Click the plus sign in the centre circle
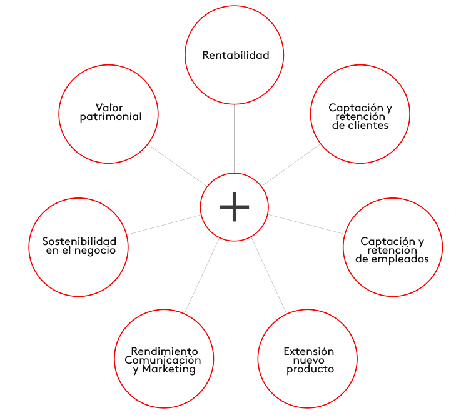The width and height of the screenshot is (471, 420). (x=235, y=207)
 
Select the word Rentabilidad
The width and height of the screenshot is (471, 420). (x=235, y=55)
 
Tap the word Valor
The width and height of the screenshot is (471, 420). (x=109, y=107)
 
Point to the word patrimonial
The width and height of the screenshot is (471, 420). (x=111, y=117)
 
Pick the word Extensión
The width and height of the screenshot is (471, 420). (x=308, y=351)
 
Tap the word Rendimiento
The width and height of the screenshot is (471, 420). (x=164, y=351)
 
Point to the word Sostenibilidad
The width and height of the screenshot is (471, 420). (x=79, y=241)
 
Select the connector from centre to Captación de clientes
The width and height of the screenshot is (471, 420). (x=291, y=166)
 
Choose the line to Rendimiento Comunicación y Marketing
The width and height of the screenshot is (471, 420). (x=201, y=276)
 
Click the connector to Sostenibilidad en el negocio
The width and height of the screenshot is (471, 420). (x=164, y=224)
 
